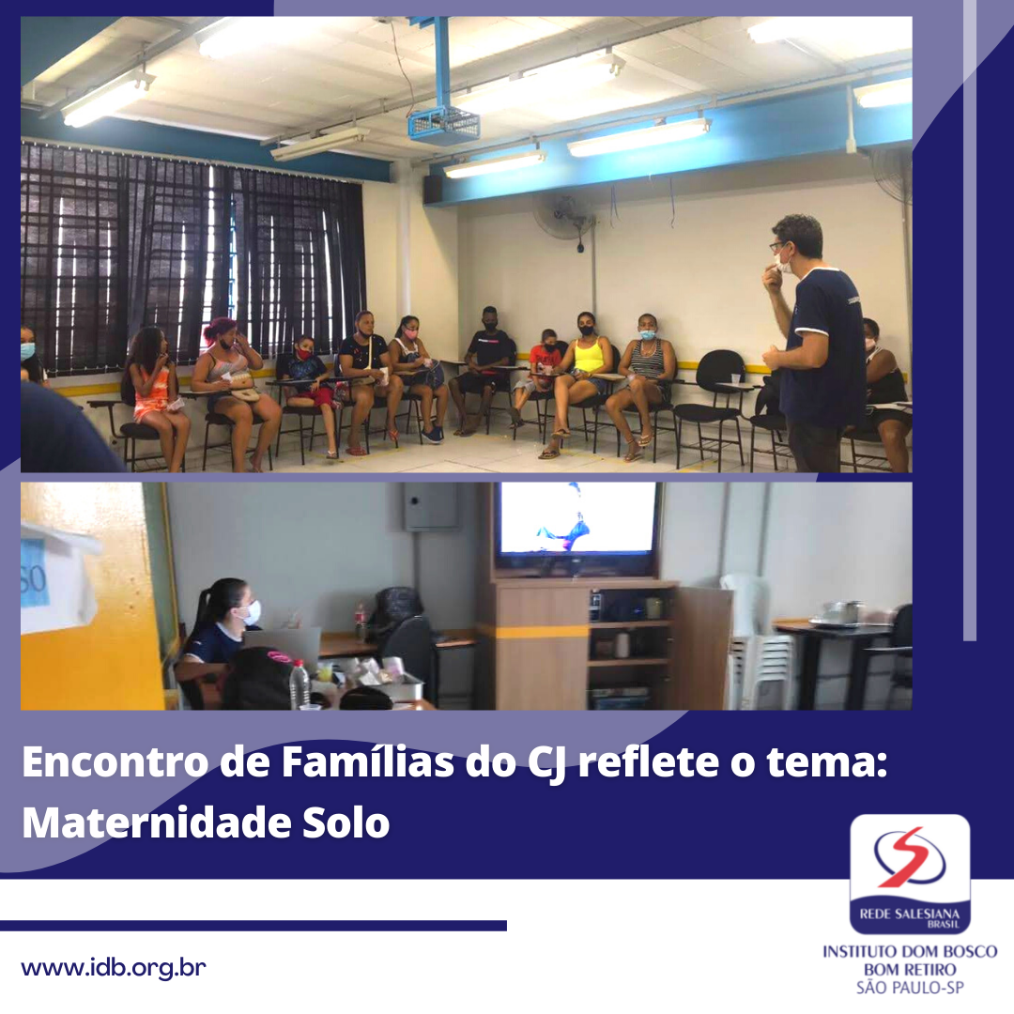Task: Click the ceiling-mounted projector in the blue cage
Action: [x=443, y=123]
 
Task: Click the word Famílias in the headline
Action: [x=367, y=762]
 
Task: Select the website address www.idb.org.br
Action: [x=114, y=968]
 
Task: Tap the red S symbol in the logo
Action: [x=909, y=856]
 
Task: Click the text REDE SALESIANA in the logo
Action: [x=909, y=914]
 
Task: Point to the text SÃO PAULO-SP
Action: [x=909, y=988]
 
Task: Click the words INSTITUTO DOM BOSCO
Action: [x=909, y=951]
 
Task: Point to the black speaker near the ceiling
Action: [x=433, y=188]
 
